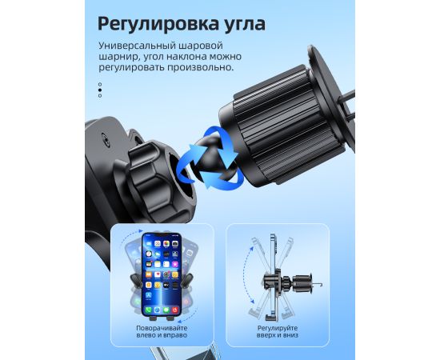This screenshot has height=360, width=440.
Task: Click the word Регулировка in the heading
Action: coord(158,24)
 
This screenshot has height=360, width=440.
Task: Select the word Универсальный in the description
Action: coord(136,46)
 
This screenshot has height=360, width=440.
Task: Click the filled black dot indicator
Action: coord(100,90)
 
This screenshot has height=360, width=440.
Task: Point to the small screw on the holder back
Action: coord(105,139)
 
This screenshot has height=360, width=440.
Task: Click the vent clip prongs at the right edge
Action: coord(347,106)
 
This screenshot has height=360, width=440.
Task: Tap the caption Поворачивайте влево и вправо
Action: coord(162,332)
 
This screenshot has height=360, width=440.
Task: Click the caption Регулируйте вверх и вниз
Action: coord(278,332)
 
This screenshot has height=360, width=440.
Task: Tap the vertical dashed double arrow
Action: coord(244,275)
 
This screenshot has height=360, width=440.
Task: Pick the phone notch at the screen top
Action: coord(162,235)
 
